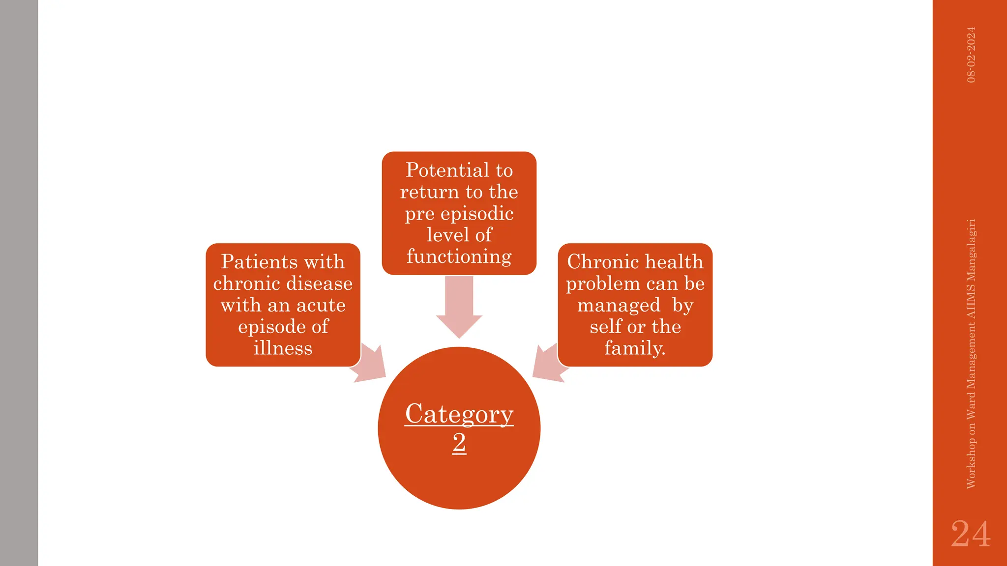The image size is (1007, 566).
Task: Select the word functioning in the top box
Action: (x=459, y=257)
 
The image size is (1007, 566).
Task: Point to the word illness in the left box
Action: (x=283, y=348)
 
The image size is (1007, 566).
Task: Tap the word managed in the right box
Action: (x=619, y=306)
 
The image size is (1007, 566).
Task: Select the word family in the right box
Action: (x=634, y=348)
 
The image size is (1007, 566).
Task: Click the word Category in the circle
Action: (x=459, y=414)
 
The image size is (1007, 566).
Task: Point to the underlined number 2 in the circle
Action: (x=459, y=443)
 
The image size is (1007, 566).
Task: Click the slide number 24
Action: (x=970, y=534)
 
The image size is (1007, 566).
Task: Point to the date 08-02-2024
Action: (x=971, y=55)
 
